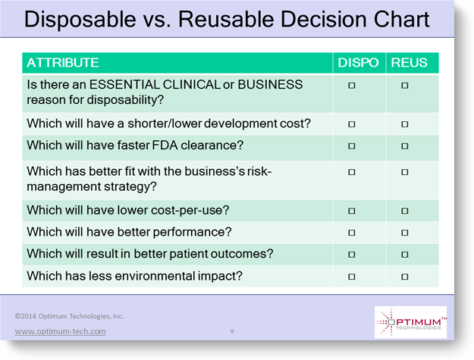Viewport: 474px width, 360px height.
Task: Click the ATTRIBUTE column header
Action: pyautogui.click(x=63, y=63)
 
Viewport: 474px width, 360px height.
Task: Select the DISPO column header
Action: pyautogui.click(x=358, y=63)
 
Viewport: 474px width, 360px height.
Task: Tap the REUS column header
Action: pyautogui.click(x=409, y=63)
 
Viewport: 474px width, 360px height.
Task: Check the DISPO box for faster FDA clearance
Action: pyautogui.click(x=352, y=146)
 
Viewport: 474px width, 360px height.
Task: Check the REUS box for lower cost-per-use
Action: pyautogui.click(x=405, y=211)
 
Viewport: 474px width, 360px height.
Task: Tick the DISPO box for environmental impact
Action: pyautogui.click(x=352, y=277)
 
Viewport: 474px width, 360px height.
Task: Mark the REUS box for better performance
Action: pyautogui.click(x=405, y=233)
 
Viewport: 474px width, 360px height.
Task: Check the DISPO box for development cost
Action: pyautogui.click(x=352, y=124)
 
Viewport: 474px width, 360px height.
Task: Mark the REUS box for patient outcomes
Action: pyautogui.click(x=405, y=255)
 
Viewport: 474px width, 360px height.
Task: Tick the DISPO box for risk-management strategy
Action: pyautogui.click(x=352, y=172)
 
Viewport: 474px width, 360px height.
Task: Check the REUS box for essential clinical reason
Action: pyautogui.click(x=405, y=86)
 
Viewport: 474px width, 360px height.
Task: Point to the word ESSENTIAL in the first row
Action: pyautogui.click(x=124, y=85)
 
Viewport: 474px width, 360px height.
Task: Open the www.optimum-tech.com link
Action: pyautogui.click(x=60, y=331)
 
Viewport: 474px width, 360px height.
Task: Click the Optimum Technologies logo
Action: pyautogui.click(x=410, y=322)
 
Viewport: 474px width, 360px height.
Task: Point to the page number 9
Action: pyautogui.click(x=232, y=331)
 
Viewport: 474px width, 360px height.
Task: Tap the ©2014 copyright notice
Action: pyautogui.click(x=69, y=316)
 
